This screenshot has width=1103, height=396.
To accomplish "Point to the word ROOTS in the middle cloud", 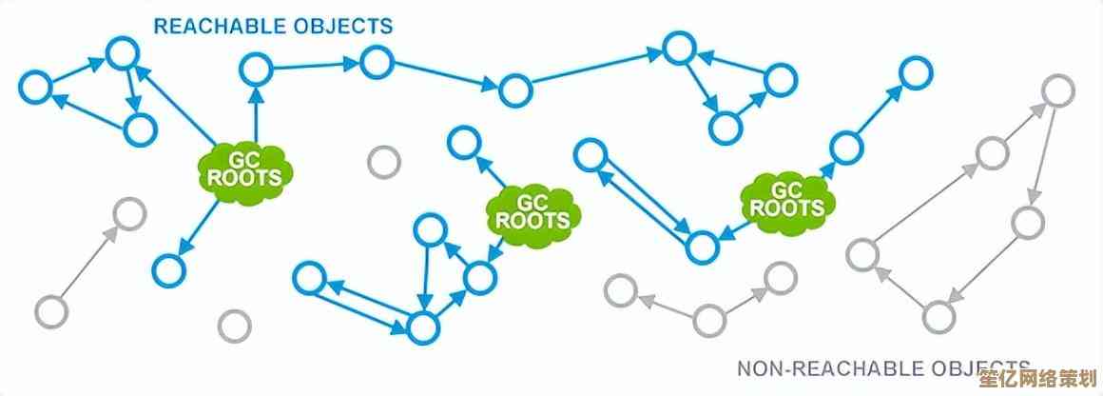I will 532,221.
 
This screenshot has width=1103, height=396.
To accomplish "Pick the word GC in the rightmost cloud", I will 787,188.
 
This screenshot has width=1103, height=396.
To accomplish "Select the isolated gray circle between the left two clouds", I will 383,162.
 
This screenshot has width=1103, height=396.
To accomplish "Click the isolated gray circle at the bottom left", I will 234,326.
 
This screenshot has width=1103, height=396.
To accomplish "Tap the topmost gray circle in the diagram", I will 1057,90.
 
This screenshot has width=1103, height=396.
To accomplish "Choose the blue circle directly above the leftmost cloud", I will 255,68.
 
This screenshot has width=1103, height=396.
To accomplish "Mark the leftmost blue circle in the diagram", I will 35,88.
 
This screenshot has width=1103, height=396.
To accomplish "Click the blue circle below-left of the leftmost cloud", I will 168,269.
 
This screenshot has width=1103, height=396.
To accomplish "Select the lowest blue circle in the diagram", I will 421,329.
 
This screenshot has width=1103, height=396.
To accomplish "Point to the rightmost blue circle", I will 916,71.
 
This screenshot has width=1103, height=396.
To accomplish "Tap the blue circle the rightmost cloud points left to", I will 703,247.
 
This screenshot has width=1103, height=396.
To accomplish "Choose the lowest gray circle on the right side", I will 939,314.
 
